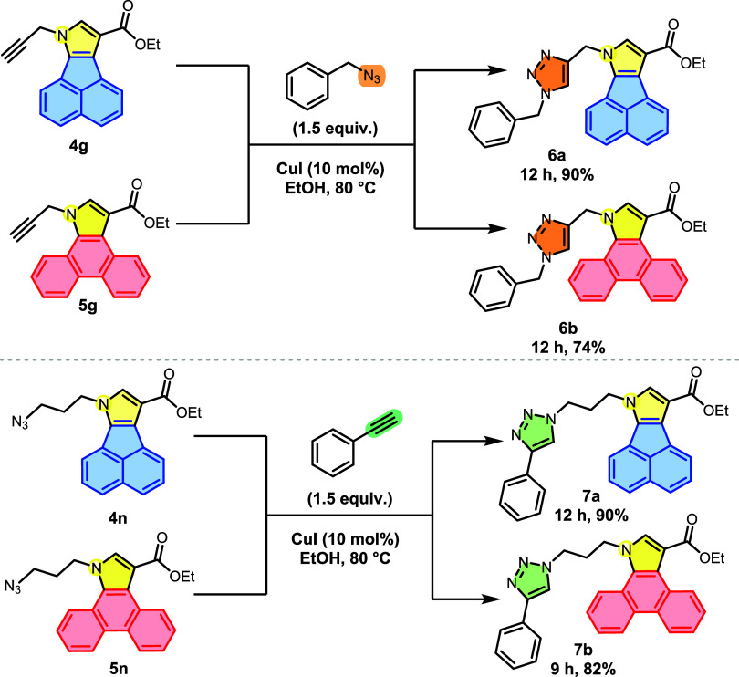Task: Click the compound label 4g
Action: [x=78, y=148]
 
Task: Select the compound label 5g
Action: [x=88, y=307]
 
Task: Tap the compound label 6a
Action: [x=557, y=155]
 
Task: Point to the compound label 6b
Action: [x=567, y=328]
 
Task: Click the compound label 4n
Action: [x=118, y=518]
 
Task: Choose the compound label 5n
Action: [x=119, y=669]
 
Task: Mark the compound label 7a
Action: [x=590, y=496]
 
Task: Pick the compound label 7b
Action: [x=583, y=651]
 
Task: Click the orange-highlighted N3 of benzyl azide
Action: [x=371, y=77]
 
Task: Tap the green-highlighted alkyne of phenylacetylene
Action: [x=383, y=423]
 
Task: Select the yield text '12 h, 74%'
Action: [x=567, y=348]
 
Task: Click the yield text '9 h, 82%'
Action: [x=583, y=669]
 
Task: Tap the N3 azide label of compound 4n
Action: [x=20, y=422]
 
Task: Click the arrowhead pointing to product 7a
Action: [x=494, y=442]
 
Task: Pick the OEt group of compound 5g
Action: [x=157, y=223]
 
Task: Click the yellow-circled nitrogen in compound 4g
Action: [x=61, y=34]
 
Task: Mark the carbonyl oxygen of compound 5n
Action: [x=162, y=538]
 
